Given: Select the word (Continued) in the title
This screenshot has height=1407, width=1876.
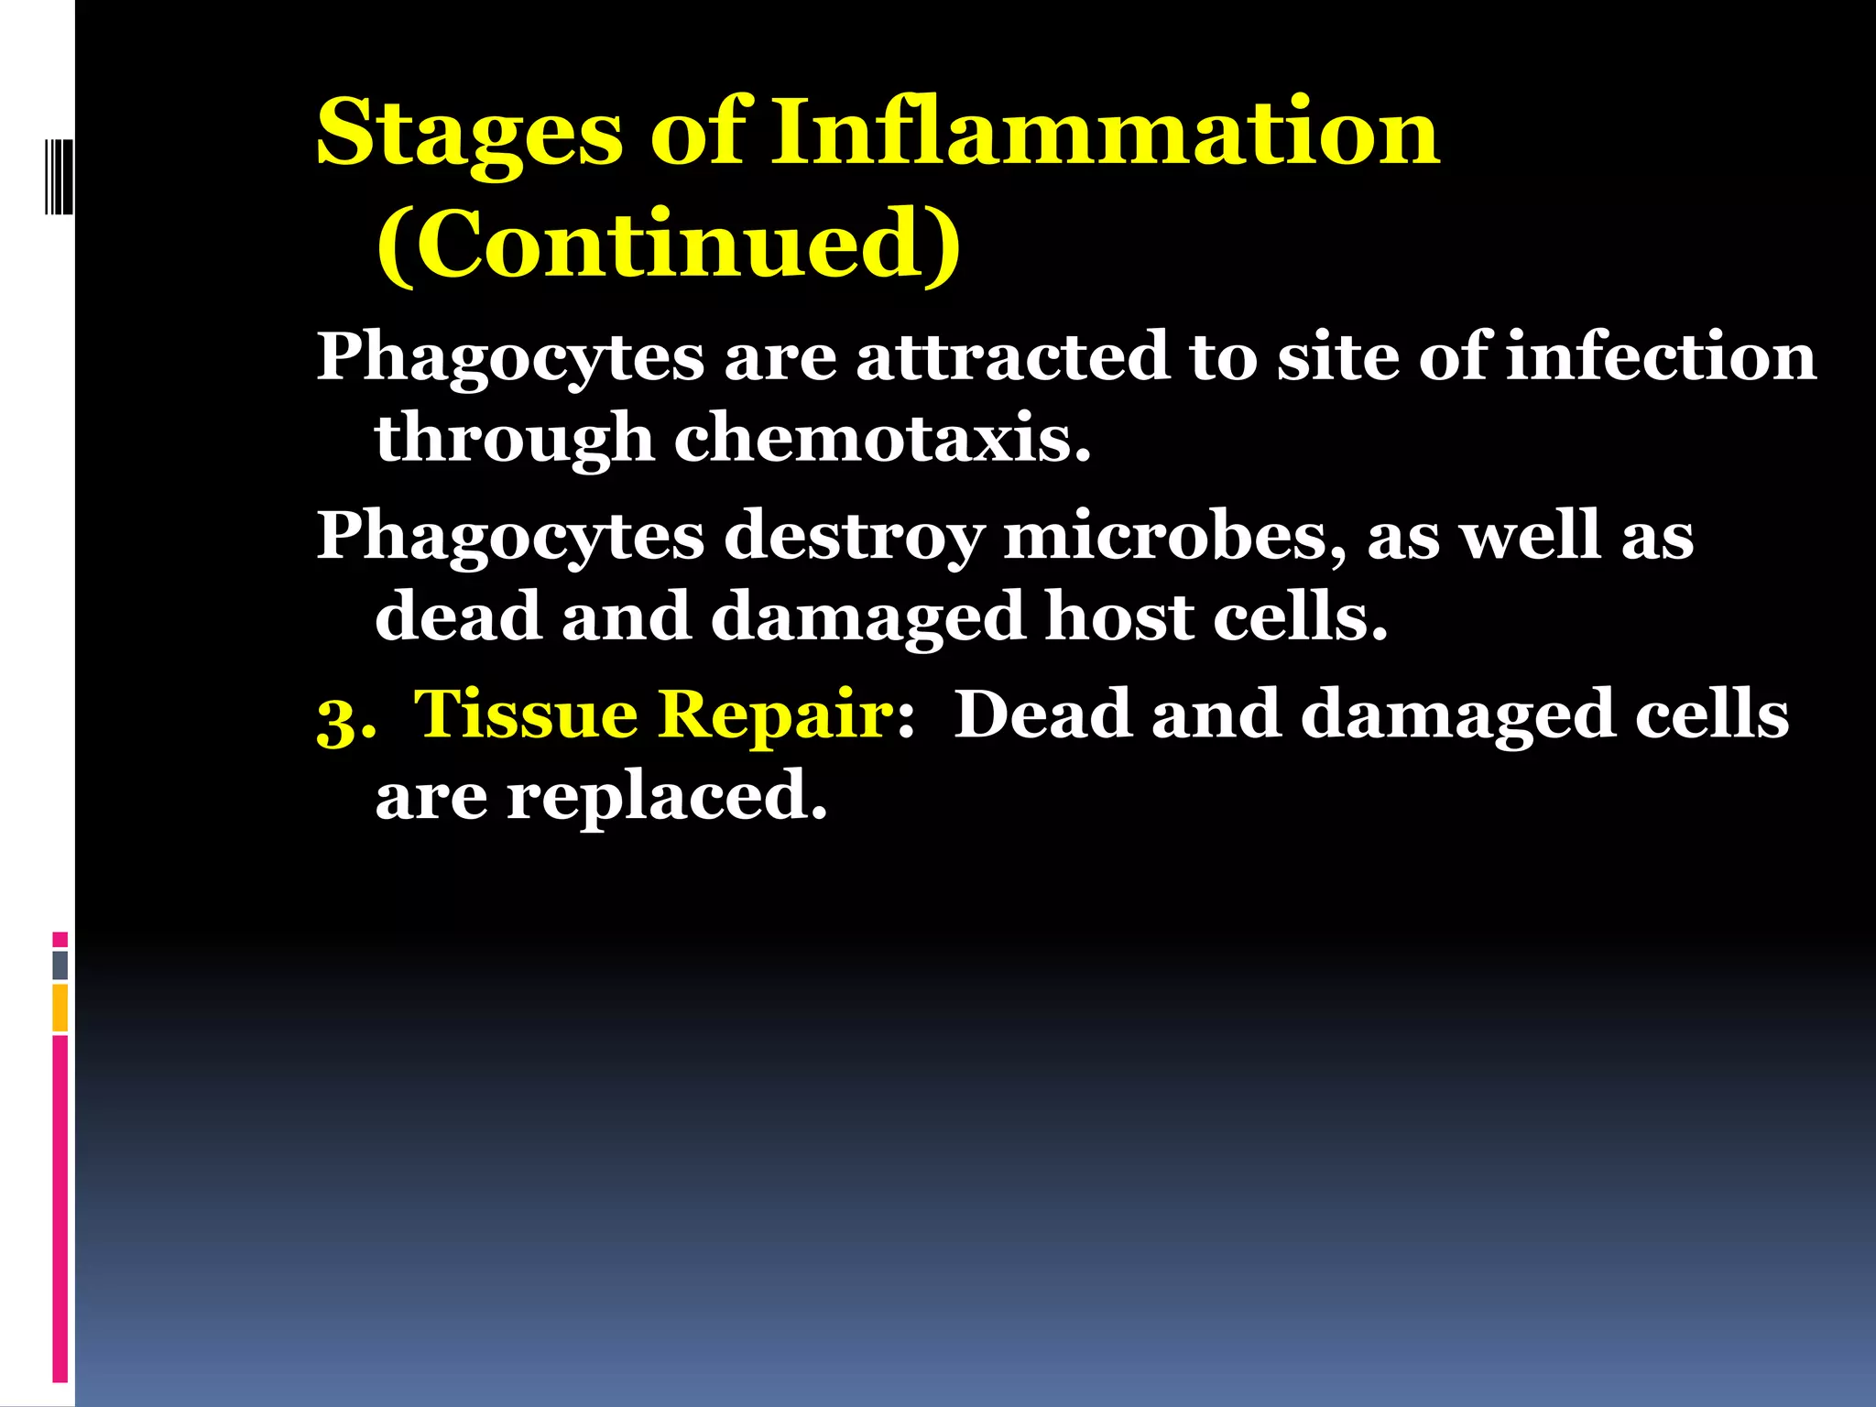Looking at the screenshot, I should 669,244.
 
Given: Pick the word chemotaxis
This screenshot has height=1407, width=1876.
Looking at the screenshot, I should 882,438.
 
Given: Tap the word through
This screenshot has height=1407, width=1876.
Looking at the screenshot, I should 514,438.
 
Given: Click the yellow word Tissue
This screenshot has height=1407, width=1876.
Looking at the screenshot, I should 526,714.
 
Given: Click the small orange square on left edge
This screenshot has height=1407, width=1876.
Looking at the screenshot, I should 60,1007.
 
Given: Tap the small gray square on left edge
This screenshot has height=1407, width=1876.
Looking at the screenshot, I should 60,965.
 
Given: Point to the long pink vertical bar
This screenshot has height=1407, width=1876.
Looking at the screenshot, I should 60,1209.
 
